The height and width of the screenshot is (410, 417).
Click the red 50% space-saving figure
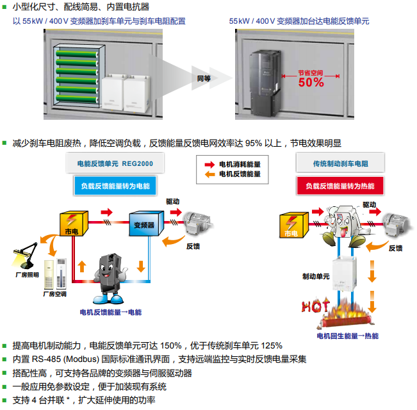coord(311,82)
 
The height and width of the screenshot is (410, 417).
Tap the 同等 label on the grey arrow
coord(204,78)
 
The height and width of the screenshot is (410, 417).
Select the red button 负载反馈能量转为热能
coord(339,186)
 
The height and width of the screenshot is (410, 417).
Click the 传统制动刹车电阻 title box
coord(339,164)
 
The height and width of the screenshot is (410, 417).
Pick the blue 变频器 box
coord(144,225)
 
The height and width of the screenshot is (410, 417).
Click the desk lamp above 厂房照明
coord(24,257)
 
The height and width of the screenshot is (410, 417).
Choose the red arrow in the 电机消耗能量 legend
coord(209,164)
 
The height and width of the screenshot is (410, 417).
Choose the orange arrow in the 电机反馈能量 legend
coord(209,174)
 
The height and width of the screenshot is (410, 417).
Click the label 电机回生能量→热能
coord(348,336)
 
